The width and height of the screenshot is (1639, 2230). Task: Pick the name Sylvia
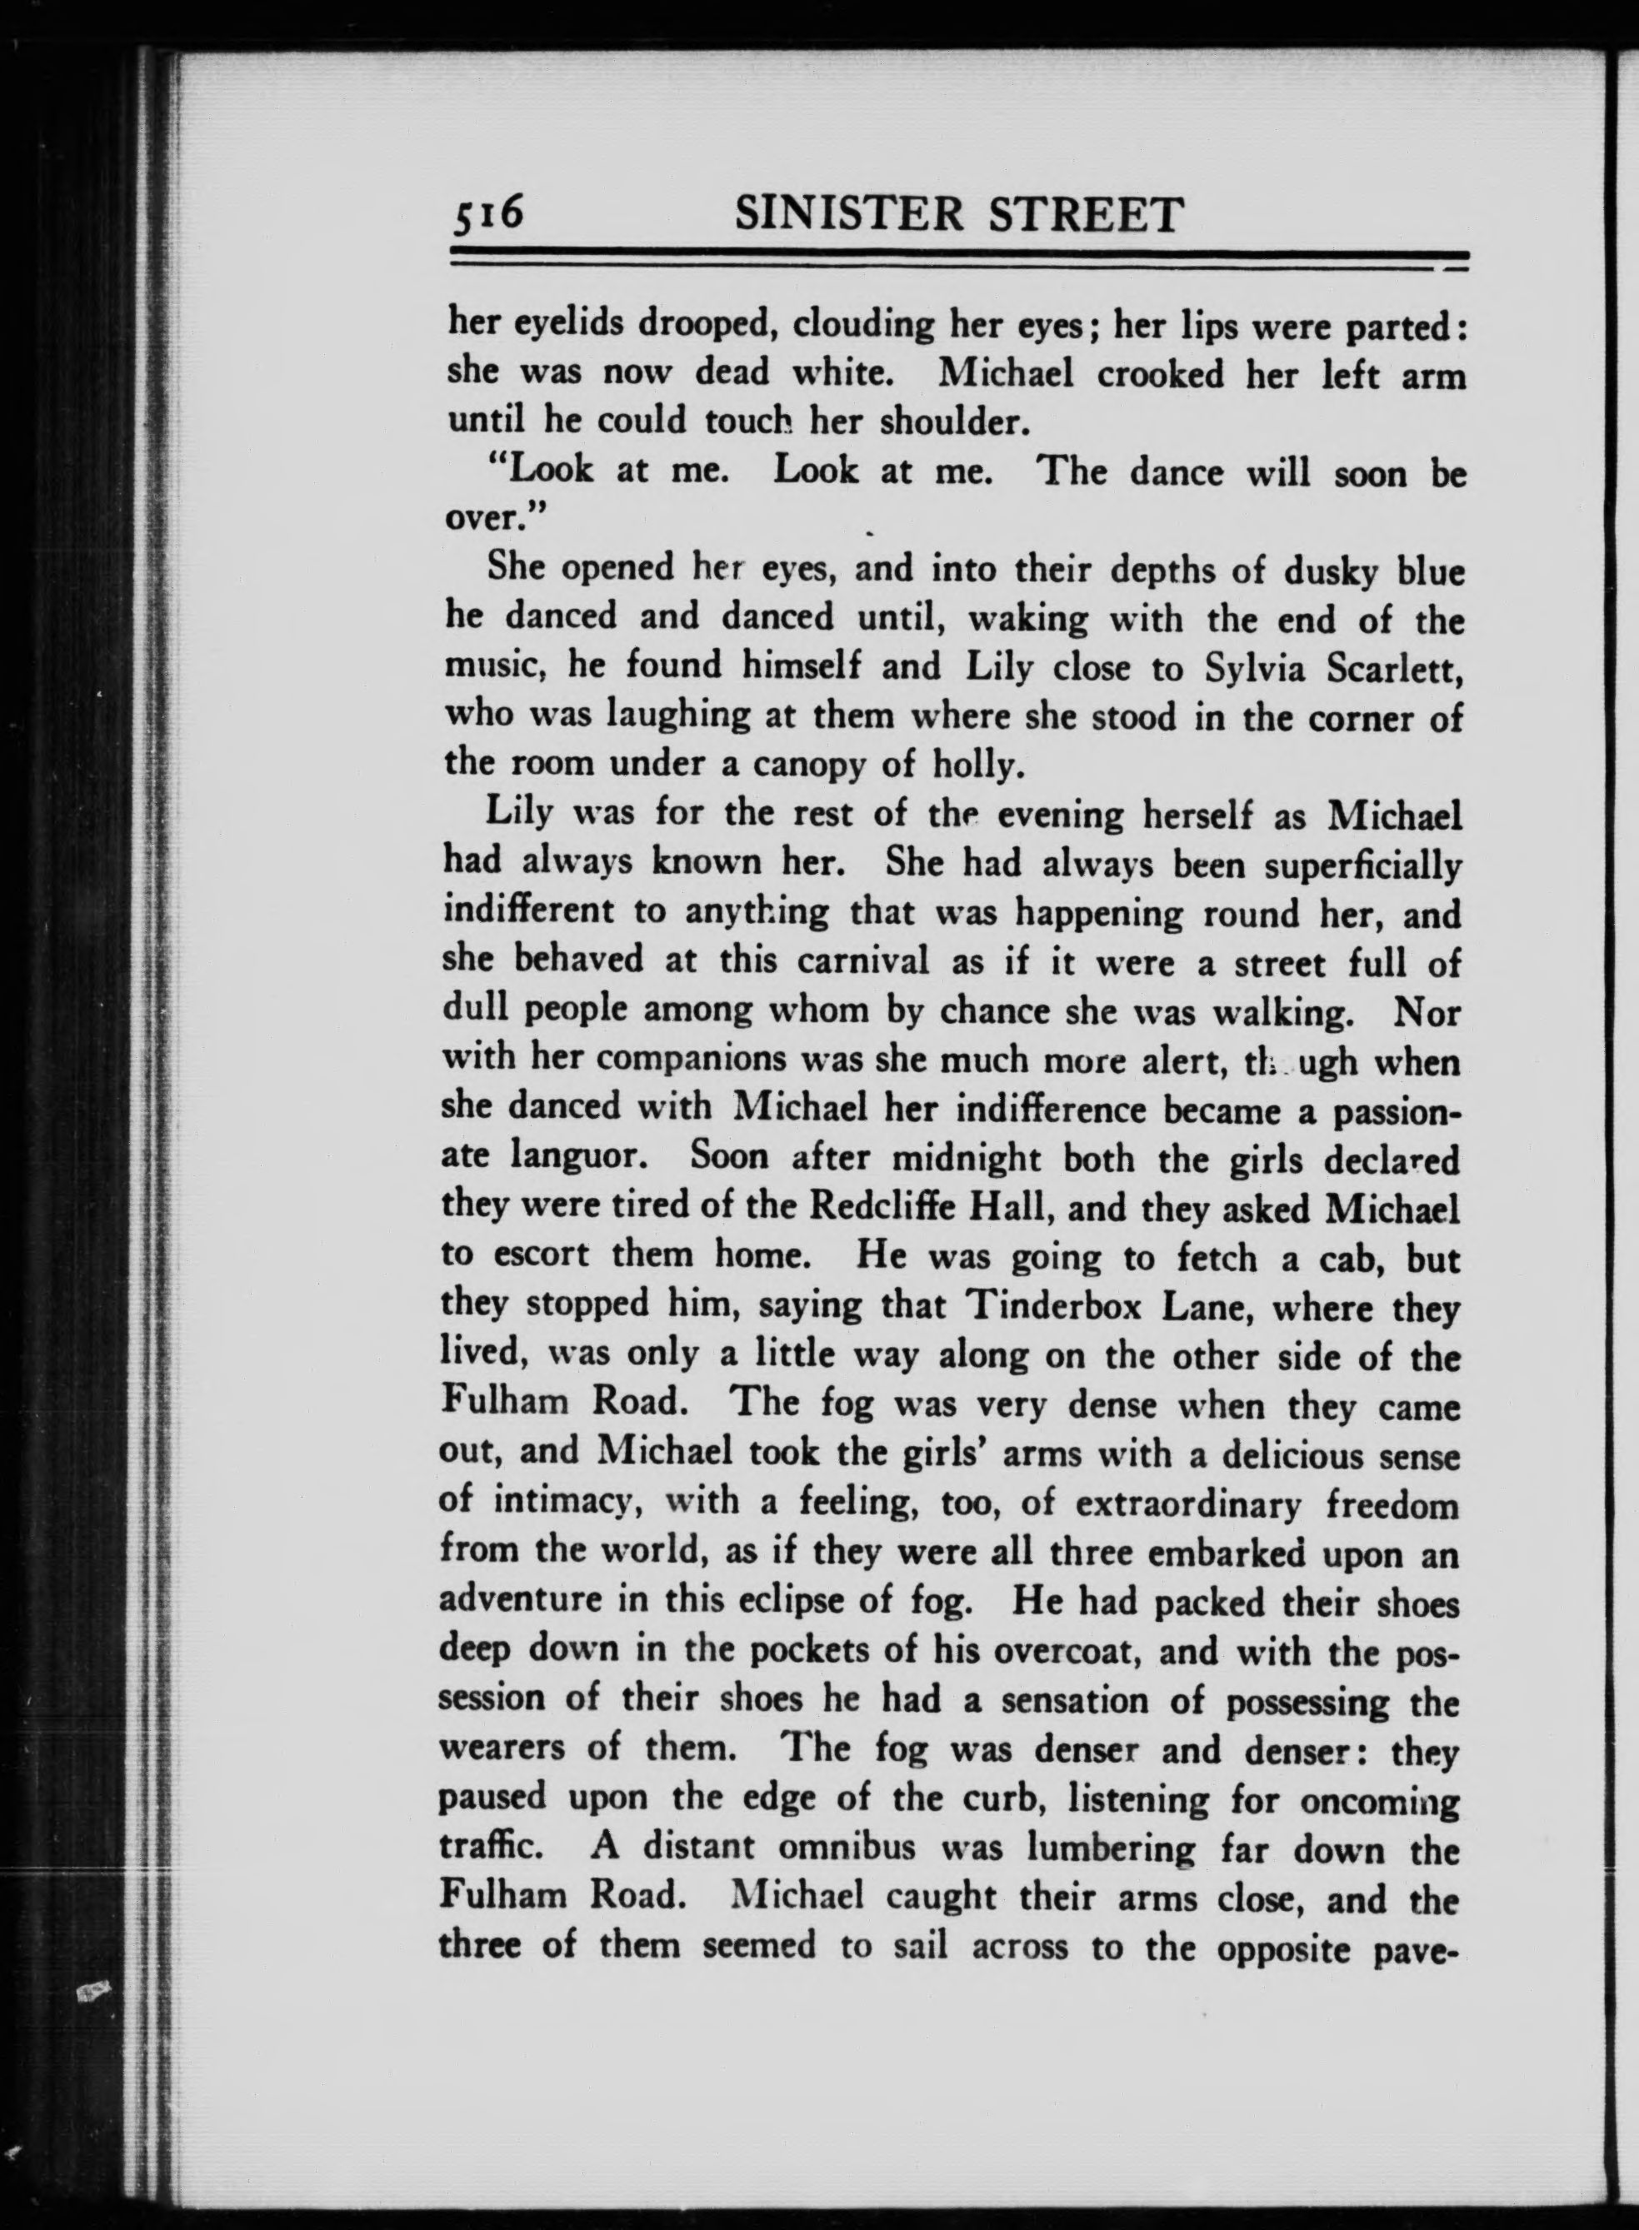pyautogui.click(x=1257, y=666)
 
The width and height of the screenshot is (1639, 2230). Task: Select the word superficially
pyautogui.click(x=1362, y=863)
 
